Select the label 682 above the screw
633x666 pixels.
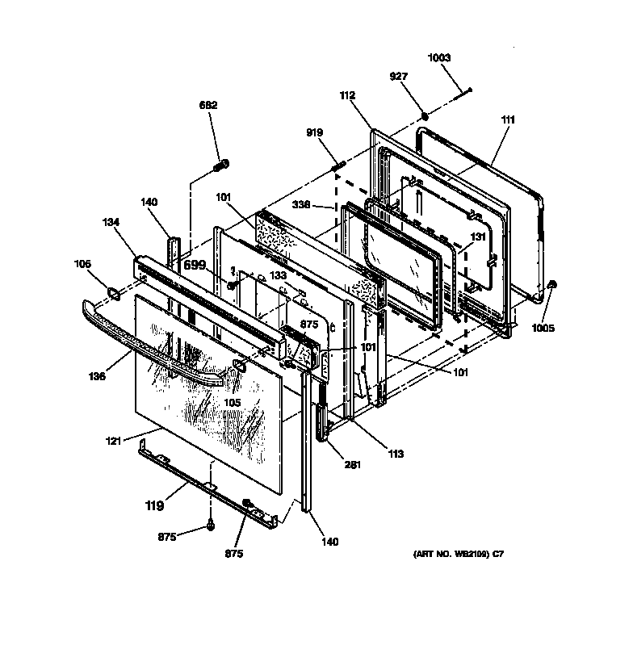(x=209, y=105)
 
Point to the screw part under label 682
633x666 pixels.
(x=220, y=167)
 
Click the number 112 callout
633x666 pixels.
(x=347, y=95)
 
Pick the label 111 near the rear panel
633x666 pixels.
(x=508, y=119)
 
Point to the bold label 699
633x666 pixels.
(x=195, y=265)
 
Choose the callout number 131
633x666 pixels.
(x=479, y=237)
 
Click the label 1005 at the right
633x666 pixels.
(x=543, y=329)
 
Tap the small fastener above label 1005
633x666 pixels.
(x=551, y=285)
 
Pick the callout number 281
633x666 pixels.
(x=352, y=464)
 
